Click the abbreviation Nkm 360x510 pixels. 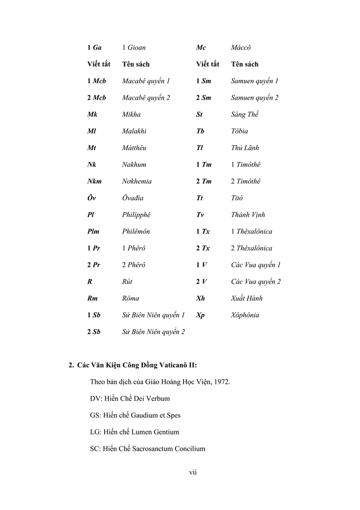(x=94, y=181)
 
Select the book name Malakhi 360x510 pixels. (x=134, y=131)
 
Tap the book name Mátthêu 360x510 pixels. (x=134, y=148)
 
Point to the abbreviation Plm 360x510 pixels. (x=93, y=231)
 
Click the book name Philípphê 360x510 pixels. (x=136, y=215)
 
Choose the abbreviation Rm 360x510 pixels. (x=93, y=298)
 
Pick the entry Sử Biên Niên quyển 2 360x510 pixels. (x=153, y=332)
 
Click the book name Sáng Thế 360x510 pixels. (x=245, y=114)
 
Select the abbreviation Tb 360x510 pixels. (x=200, y=131)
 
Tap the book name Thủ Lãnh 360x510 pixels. (x=245, y=148)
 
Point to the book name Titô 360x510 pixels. (x=237, y=198)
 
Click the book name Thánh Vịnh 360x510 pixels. (x=248, y=215)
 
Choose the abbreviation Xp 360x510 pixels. (x=201, y=315)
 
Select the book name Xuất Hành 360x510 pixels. (x=247, y=298)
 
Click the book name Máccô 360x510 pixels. (x=241, y=48)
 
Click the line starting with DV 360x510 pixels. (x=130, y=399)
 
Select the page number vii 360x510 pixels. (x=193, y=473)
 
